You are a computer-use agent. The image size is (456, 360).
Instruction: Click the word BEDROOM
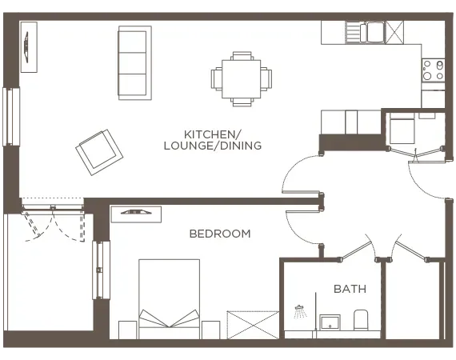click(219, 234)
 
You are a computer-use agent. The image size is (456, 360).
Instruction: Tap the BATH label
click(350, 288)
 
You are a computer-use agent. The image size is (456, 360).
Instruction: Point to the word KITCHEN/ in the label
click(212, 134)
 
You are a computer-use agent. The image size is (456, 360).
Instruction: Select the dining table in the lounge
click(241, 78)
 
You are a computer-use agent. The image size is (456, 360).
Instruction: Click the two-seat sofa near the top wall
click(134, 62)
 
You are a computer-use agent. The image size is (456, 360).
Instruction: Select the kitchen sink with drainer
click(365, 32)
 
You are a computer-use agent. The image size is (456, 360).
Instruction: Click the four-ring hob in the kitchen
click(433, 70)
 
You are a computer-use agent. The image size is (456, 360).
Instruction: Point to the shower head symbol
click(300, 310)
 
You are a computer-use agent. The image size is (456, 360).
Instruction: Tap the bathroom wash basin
click(329, 322)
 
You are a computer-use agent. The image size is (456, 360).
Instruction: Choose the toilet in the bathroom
click(360, 320)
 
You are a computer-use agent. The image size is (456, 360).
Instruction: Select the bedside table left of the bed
click(127, 330)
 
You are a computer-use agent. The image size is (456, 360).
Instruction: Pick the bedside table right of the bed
click(210, 330)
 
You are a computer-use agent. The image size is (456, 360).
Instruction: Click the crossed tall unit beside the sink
click(394, 32)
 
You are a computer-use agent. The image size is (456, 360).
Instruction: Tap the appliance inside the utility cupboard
click(402, 128)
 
